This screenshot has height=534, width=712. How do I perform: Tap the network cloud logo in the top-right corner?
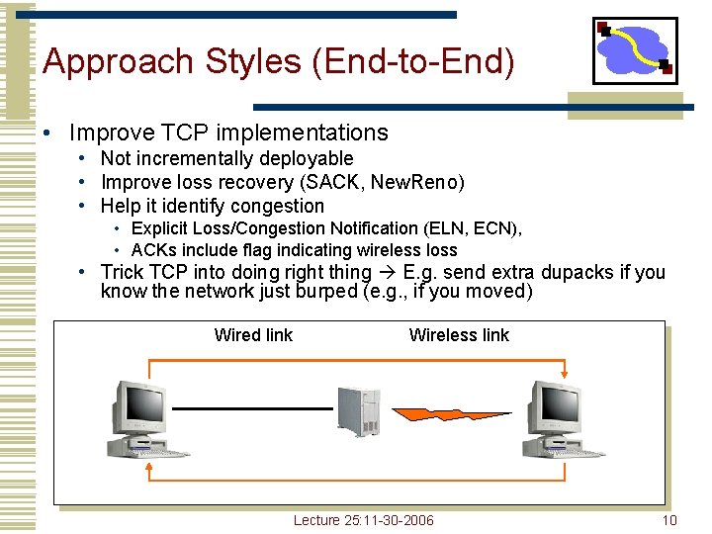[635, 50]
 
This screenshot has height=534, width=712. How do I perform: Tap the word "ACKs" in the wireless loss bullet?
[152, 249]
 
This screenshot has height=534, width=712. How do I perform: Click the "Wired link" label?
[253, 335]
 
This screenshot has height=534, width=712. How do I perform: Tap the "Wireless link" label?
[459, 335]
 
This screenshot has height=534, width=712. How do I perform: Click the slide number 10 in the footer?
[669, 520]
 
